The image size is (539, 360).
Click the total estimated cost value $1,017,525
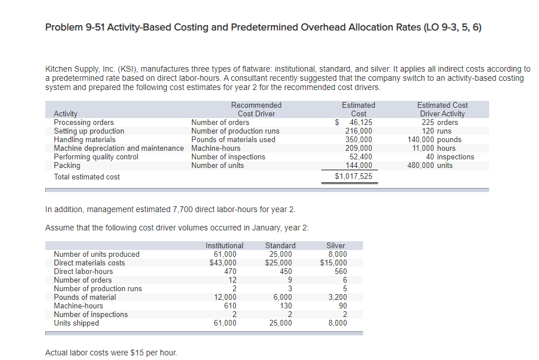(x=353, y=177)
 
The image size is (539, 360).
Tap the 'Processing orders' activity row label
(x=84, y=122)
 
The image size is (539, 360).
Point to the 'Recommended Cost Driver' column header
(x=256, y=109)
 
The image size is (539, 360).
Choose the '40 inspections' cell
(x=450, y=156)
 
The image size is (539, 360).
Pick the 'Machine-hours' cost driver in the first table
(x=216, y=148)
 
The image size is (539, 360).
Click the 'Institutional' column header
(x=224, y=245)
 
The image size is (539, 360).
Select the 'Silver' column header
(x=336, y=245)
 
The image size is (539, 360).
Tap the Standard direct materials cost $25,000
(x=279, y=263)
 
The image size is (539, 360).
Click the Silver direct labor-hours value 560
(x=340, y=271)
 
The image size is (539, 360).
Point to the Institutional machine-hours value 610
(x=229, y=306)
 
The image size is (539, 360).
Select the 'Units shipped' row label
(x=76, y=323)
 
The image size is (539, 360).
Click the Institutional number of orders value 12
(x=232, y=280)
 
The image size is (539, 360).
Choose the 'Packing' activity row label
(x=67, y=165)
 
